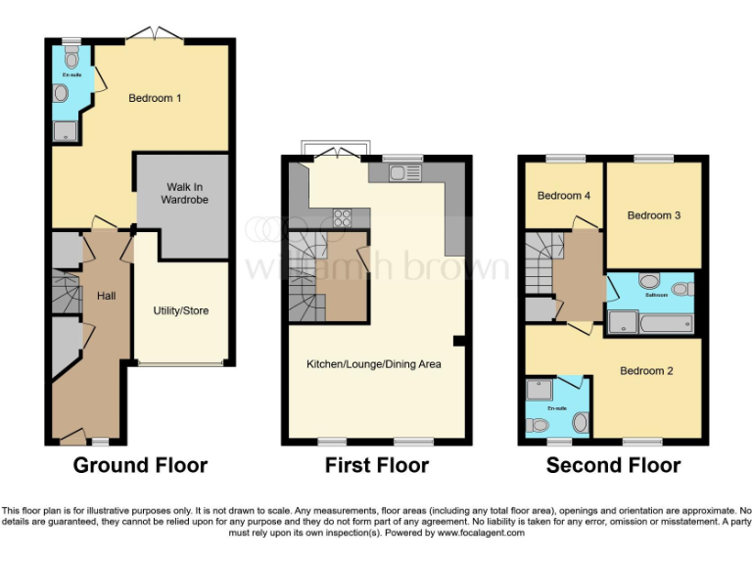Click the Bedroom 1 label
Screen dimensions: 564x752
(x=155, y=98)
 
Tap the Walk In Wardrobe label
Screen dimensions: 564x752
(x=186, y=193)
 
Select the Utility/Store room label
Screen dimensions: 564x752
(x=180, y=311)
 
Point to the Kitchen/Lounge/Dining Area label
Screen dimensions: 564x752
(x=374, y=364)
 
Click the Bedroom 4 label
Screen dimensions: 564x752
(x=563, y=196)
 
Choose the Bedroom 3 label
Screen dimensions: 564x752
(x=653, y=215)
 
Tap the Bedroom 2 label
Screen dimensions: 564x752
(x=646, y=371)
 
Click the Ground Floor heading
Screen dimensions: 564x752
(x=140, y=465)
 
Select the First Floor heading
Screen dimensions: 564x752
(x=377, y=465)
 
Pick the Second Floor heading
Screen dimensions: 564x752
(x=613, y=465)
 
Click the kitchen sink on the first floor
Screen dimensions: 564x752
(x=402, y=174)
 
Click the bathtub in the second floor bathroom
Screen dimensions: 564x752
(x=650, y=322)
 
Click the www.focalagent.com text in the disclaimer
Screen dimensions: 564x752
(x=479, y=534)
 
